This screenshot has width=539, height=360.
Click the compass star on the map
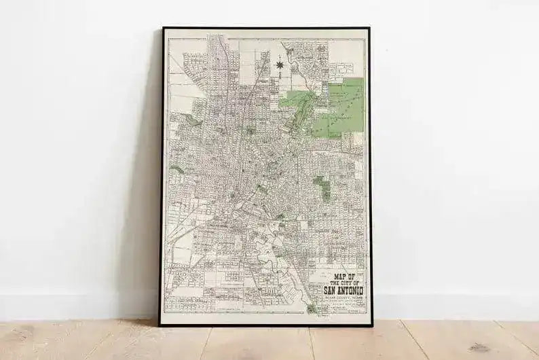pyautogui.click(x=279, y=65)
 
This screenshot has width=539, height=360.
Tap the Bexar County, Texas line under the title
pyautogui.click(x=337, y=298)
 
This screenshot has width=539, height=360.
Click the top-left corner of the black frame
pyautogui.click(x=163, y=29)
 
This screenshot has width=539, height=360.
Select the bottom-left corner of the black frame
pyautogui.click(x=161, y=324)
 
